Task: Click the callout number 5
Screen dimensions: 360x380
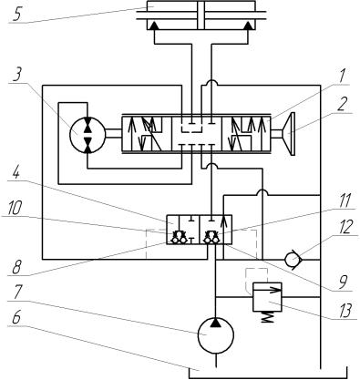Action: tap(18, 13)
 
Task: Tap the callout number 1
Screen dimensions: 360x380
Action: tap(342, 76)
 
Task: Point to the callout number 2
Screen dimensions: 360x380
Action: tap(343, 105)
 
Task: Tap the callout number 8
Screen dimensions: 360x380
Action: tap(17, 268)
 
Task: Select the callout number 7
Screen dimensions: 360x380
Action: tap(16, 293)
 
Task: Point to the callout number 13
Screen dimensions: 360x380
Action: tap(345, 311)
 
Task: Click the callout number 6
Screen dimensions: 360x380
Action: tap(16, 318)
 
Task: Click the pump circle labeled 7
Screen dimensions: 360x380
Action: tap(216, 335)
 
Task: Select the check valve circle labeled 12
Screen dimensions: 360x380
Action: tap(293, 260)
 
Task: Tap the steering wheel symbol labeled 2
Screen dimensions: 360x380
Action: tap(289, 134)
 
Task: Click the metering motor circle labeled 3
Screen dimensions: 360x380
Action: tap(87, 134)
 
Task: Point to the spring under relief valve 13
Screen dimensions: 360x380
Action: tap(268, 317)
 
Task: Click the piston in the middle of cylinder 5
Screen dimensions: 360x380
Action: tap(201, 15)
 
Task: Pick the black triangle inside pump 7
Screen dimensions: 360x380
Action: tap(216, 323)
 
